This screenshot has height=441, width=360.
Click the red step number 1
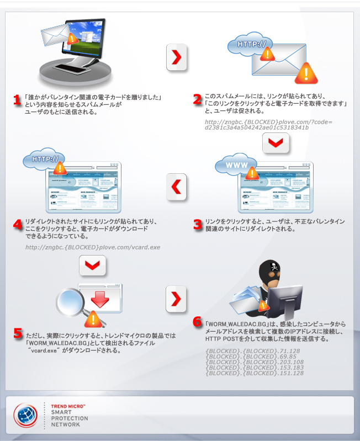(x=17, y=100)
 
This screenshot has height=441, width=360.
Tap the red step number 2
(x=198, y=99)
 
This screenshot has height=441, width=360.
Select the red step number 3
(x=198, y=225)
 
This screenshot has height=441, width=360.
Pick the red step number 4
(x=18, y=224)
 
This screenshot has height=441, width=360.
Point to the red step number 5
(x=18, y=333)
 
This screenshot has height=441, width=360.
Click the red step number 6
(x=197, y=322)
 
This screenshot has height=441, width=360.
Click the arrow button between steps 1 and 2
(x=176, y=57)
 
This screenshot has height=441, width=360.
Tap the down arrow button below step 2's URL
(x=276, y=143)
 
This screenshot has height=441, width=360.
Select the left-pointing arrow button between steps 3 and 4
(x=176, y=187)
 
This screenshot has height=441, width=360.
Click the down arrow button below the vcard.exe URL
(x=93, y=265)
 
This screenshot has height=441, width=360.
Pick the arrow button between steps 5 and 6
(x=176, y=299)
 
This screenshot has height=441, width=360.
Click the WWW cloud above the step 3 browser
(x=236, y=164)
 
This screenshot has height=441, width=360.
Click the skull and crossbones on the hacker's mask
(x=274, y=266)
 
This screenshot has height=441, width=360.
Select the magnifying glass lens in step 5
(x=70, y=301)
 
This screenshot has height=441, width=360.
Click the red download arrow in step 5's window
(x=100, y=299)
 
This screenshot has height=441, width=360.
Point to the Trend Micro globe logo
(x=25, y=416)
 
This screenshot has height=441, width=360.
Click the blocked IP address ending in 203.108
(x=255, y=362)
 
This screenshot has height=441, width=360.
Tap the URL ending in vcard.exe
(x=93, y=247)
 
